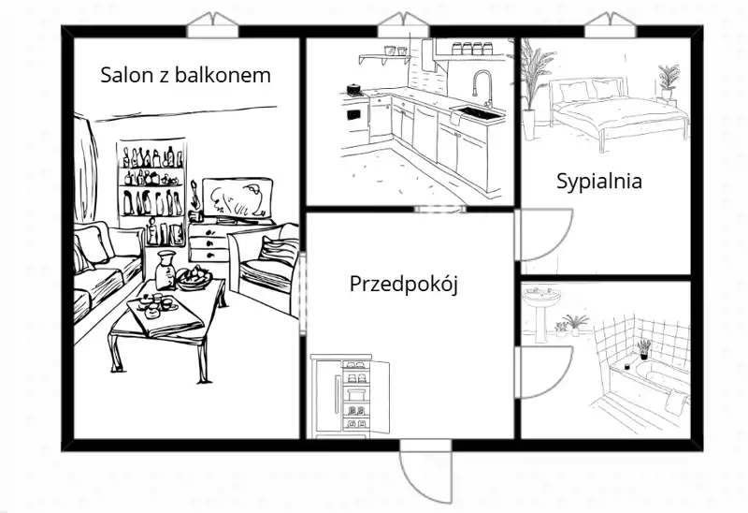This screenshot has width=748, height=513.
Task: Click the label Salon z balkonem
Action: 186,74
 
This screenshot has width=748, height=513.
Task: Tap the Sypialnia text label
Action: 599,182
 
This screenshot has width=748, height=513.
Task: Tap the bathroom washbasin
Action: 542,302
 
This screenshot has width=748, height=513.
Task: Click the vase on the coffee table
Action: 165,270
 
